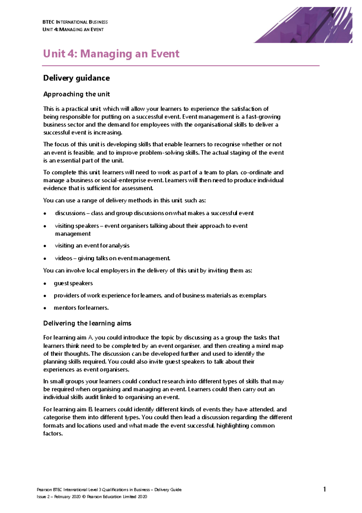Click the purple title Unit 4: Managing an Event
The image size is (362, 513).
click(111, 54)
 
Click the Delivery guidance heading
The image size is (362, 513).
click(76, 78)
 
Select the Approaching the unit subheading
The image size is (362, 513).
click(76, 94)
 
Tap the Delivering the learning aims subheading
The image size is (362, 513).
click(87, 323)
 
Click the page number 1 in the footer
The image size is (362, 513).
click(325, 489)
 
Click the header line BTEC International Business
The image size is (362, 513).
click(75, 22)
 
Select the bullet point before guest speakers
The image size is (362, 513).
click(45, 284)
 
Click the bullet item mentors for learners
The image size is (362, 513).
click(81, 308)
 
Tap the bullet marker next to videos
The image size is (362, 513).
click(45, 258)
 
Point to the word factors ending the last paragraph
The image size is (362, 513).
click(52, 433)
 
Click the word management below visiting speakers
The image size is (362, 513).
click(73, 234)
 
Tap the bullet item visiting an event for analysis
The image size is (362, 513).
click(92, 246)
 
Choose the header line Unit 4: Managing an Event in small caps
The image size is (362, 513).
click(73, 30)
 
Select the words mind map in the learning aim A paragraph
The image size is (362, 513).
click(271, 346)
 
